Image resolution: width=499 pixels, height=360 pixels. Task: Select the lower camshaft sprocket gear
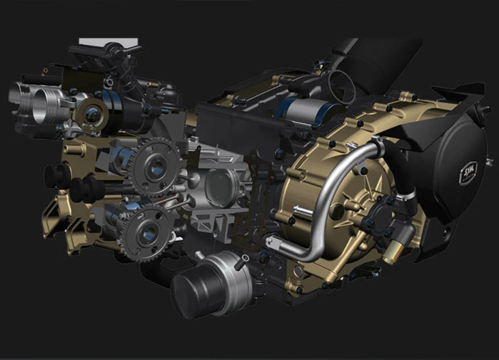click(144, 231)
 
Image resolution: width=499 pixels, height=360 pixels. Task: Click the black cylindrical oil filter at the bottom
click(198, 289)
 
